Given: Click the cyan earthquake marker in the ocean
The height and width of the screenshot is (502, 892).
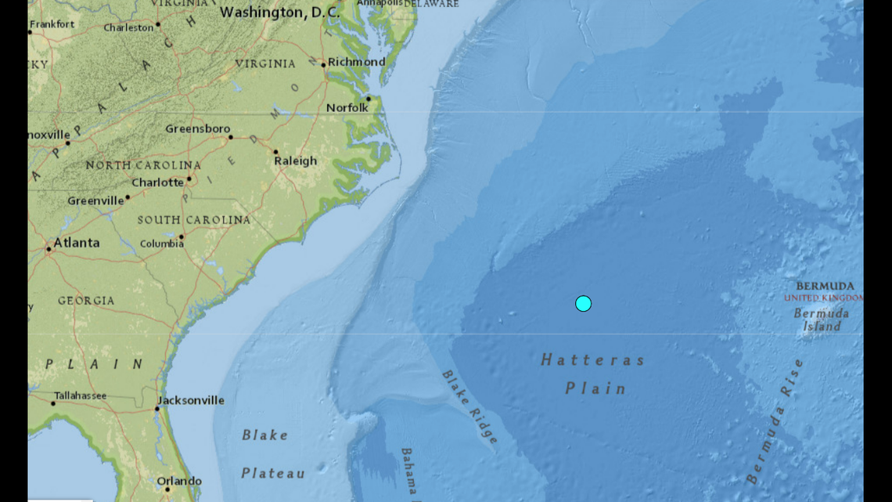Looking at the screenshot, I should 583,303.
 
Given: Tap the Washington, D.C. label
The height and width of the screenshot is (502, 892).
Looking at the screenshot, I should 281,13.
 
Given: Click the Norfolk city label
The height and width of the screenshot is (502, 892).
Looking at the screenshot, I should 347,107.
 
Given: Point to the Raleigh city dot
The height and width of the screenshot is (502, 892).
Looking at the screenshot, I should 275,152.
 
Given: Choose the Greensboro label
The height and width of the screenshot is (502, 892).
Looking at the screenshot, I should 197,128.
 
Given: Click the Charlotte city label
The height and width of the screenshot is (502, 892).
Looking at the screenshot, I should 157,182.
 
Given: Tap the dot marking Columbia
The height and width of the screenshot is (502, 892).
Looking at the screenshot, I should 182,236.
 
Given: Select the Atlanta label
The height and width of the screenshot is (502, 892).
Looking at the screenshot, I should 76,243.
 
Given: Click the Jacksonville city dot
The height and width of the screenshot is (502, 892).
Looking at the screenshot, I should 157,408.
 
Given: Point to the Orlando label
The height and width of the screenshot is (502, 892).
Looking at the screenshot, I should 178,481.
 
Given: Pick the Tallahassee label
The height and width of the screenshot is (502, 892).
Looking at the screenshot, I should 81,395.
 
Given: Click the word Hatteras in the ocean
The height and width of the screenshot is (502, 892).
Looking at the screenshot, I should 592,360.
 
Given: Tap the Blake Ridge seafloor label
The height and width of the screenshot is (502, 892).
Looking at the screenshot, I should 470,407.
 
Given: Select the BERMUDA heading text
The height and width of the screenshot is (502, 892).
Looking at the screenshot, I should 825,287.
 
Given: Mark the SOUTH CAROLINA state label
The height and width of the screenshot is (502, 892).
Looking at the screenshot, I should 194,220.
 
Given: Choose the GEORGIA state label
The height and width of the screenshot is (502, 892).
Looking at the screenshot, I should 86,301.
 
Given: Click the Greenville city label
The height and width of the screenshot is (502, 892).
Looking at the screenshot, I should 95,200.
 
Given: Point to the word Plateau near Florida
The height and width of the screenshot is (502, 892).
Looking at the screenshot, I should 273,473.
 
